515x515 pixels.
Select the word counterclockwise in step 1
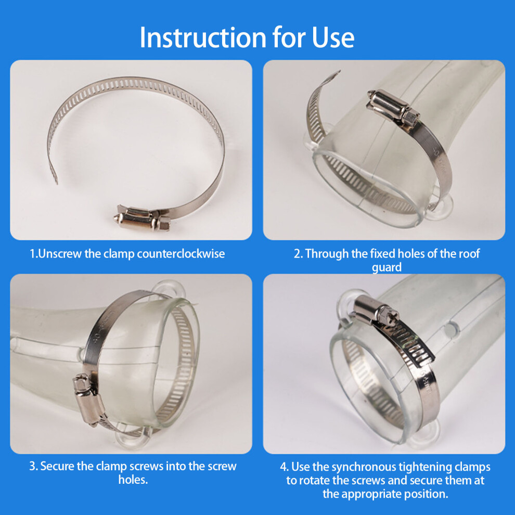tap(181, 253)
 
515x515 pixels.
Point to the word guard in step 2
tap(387, 267)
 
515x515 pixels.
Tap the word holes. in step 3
tap(133, 480)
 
